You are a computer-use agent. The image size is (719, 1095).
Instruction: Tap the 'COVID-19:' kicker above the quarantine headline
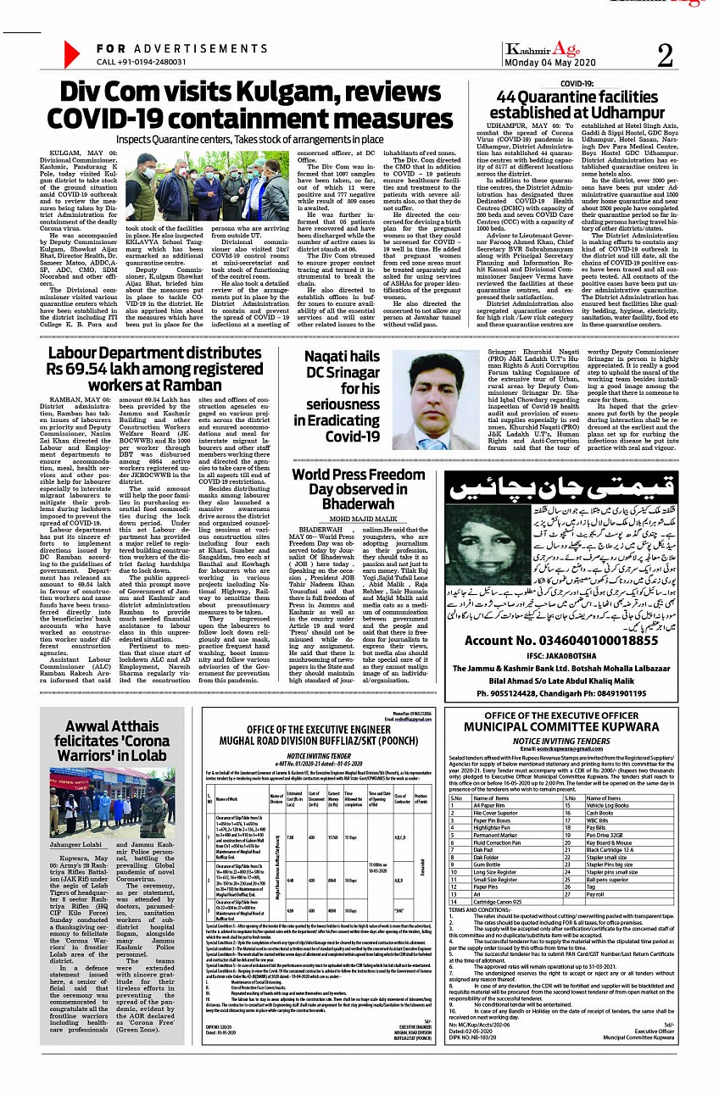553,84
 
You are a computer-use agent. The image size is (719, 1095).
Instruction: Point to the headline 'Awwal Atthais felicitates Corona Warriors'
111,742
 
